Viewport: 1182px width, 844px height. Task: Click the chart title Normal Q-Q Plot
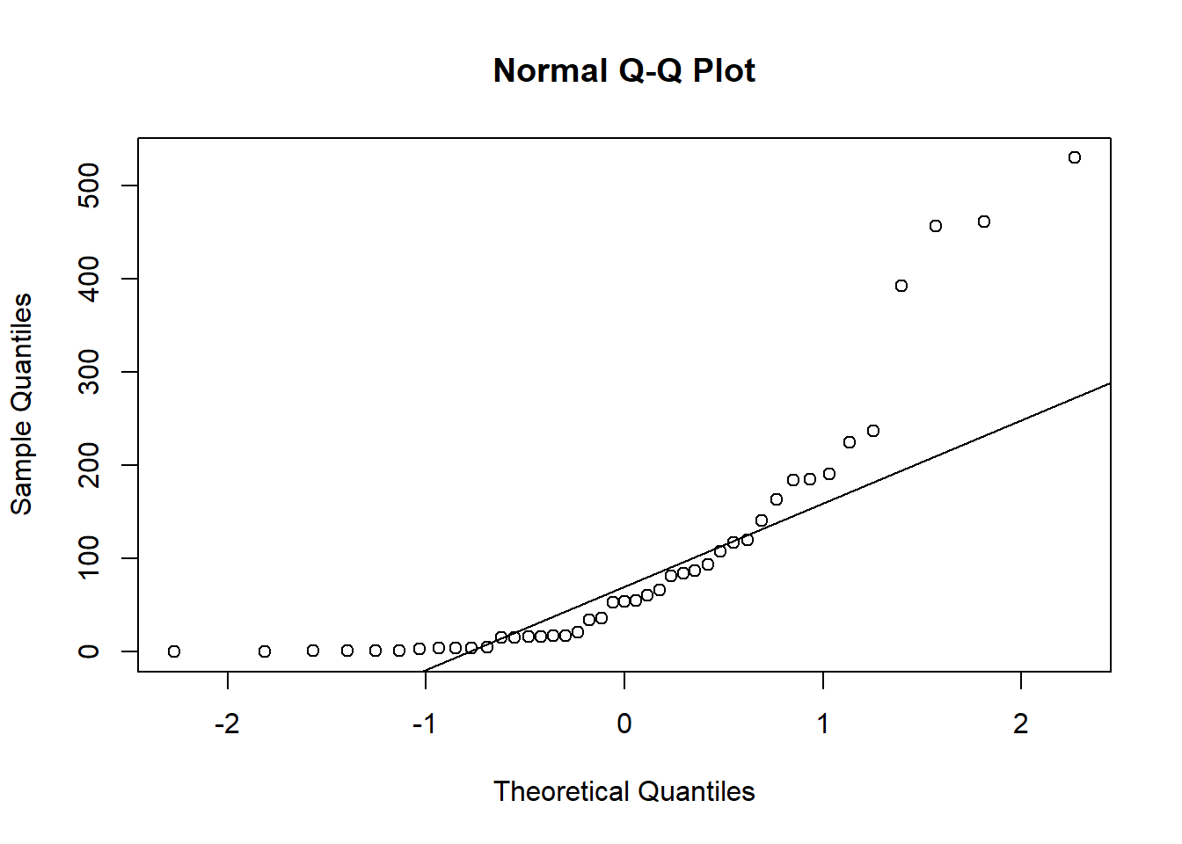624,70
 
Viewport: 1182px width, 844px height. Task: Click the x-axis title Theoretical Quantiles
624,791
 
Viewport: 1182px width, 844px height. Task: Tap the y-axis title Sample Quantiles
21,404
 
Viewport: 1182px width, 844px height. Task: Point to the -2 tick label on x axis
227,724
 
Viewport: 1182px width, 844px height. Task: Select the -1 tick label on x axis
425,724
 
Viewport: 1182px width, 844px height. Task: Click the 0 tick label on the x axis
624,724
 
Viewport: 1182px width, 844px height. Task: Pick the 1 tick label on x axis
823,724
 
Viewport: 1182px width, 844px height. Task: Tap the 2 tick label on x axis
1021,724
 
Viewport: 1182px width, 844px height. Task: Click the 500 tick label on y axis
89,186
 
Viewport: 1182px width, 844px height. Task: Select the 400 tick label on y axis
89,279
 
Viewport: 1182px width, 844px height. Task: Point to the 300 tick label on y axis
89,372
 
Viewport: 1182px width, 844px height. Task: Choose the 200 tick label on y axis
89,465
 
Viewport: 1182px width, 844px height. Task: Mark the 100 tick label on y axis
89,558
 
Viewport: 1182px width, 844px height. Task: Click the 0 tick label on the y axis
89,651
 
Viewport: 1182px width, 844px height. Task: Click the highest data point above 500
1075,157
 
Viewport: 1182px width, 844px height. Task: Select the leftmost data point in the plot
174,651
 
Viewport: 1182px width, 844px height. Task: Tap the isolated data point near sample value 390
901,286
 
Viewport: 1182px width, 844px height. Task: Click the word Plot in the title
724,70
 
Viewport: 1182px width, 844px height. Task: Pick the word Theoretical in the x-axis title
562,791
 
